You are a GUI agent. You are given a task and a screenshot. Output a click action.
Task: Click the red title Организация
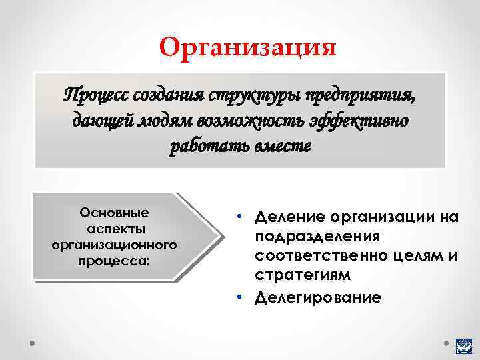click(x=248, y=47)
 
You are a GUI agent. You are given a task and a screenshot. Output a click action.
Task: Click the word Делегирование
click(x=318, y=297)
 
